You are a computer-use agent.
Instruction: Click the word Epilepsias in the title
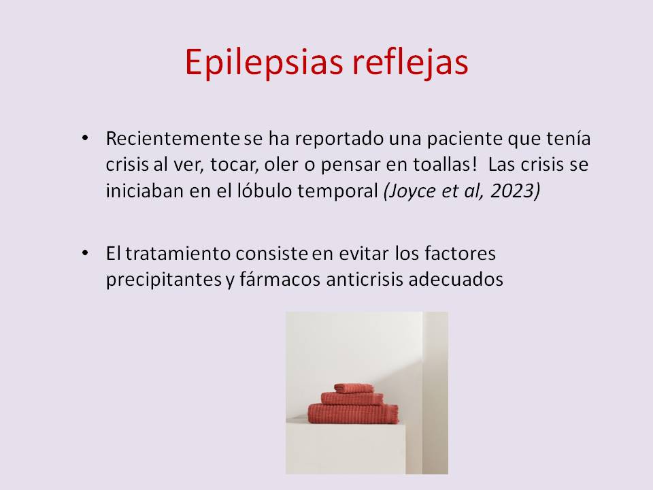point(264,63)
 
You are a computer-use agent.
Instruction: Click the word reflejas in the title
point(410,62)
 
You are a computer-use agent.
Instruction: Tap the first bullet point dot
point(86,137)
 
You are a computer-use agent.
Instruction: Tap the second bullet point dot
point(86,252)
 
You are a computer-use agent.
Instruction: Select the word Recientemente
point(173,138)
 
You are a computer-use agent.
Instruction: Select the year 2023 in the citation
point(514,191)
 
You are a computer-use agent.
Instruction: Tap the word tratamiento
point(178,253)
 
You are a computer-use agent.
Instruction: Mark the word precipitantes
point(164,280)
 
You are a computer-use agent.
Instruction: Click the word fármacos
point(280,279)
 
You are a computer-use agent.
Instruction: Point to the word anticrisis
point(365,279)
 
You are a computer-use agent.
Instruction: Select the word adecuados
point(456,279)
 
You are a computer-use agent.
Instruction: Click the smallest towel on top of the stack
point(354,388)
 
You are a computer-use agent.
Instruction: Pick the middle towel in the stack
point(352,398)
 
